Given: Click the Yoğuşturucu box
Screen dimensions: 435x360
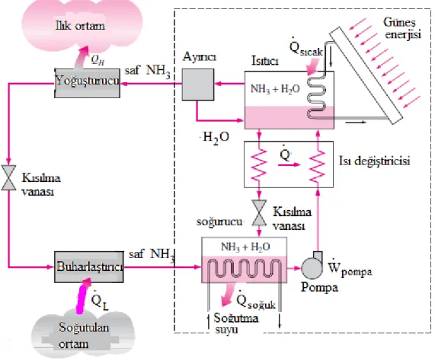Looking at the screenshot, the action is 88,83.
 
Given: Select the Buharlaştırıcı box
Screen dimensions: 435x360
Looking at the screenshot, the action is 89,267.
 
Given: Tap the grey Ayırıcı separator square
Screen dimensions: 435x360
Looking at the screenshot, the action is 198,84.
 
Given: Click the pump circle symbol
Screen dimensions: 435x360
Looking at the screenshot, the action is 312,268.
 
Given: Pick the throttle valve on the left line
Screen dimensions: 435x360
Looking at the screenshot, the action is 8,177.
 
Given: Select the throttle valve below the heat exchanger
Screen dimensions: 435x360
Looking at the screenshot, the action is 259,212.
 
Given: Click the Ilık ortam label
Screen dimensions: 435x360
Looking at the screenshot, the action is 80,26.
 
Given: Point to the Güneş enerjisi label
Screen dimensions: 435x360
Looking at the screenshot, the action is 402,28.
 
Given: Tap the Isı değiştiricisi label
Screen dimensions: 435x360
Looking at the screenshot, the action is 375,161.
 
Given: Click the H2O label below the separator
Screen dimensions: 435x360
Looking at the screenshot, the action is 216,138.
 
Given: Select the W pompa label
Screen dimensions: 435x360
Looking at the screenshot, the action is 350,268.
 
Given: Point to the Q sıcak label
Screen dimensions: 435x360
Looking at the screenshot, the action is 306,47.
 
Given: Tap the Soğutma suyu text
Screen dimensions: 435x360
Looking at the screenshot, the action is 236,323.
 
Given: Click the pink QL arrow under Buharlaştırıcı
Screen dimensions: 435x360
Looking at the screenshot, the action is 83,296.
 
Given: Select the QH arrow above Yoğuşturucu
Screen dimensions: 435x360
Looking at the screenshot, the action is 82,57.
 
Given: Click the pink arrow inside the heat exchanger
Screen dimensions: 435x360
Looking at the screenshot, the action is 289,165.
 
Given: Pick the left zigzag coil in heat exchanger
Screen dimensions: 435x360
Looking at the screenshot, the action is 259,165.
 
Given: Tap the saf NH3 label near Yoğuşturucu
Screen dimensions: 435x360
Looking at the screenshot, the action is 147,71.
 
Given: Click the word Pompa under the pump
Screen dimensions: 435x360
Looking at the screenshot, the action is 320,288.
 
